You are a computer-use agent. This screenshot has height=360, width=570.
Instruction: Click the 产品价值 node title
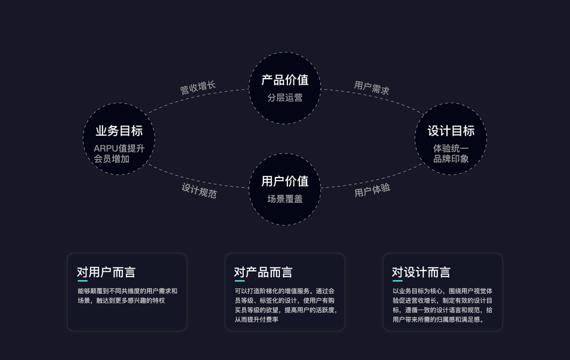point(285,79)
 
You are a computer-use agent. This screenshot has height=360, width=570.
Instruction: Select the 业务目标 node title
point(119,131)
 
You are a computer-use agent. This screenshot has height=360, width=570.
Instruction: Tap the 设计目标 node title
point(451,131)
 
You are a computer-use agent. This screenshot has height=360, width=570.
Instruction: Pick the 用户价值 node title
point(285,181)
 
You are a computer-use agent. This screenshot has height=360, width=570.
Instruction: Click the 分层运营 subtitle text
point(285,97)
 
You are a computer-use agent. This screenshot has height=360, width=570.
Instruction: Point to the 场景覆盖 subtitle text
point(285,199)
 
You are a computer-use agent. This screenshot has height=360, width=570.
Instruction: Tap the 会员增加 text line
point(112,159)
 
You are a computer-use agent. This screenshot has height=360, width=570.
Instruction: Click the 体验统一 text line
point(451,148)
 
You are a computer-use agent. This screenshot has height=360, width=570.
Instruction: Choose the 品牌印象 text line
point(451,159)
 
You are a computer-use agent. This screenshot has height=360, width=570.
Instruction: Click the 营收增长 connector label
point(197,88)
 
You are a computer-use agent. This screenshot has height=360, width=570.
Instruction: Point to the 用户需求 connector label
point(371,88)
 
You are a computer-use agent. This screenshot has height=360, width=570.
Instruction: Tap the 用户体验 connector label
point(372,190)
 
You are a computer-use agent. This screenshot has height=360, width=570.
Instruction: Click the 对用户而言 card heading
point(106,272)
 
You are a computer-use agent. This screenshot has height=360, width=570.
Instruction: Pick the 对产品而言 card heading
point(263,272)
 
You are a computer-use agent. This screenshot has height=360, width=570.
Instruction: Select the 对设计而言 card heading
point(421,272)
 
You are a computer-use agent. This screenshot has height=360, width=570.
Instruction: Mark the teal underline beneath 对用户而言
point(82,281)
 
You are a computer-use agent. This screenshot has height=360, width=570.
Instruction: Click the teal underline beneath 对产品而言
point(239,281)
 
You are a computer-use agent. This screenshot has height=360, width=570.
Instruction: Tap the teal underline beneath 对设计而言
point(397,281)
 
